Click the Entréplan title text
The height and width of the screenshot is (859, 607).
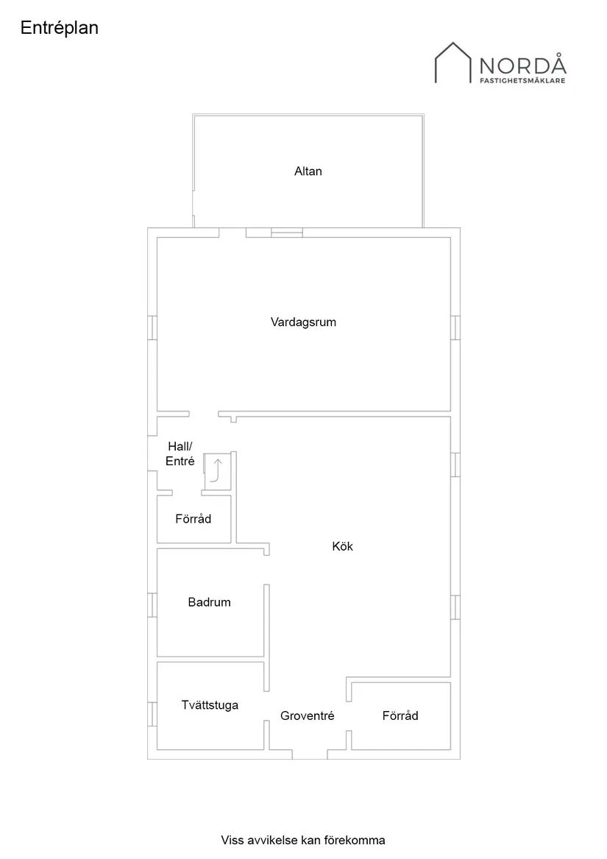(x=60, y=28)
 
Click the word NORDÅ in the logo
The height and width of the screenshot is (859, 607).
(x=522, y=65)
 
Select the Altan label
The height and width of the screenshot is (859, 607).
(x=308, y=172)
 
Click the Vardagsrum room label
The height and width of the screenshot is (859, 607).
(x=303, y=322)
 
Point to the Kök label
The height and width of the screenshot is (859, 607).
(x=343, y=546)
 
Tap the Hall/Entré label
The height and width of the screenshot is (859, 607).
(x=180, y=454)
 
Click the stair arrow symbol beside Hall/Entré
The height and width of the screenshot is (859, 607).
(x=216, y=470)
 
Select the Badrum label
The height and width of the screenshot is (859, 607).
(x=209, y=602)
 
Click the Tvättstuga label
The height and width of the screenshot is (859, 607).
(x=210, y=705)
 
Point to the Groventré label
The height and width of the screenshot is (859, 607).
(x=307, y=715)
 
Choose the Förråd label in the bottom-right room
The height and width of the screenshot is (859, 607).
(x=400, y=715)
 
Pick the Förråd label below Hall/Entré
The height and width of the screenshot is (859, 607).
(x=194, y=519)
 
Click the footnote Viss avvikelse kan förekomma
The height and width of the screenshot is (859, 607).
(x=303, y=840)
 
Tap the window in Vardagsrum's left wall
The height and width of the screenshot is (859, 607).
(x=152, y=328)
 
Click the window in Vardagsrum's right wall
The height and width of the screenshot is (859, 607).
(x=455, y=328)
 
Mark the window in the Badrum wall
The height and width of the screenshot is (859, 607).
(x=152, y=604)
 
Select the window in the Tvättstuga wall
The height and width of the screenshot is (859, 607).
(x=152, y=714)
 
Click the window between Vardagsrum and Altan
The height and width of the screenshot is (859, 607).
(x=287, y=233)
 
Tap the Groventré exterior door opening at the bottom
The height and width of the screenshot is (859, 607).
(x=310, y=754)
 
